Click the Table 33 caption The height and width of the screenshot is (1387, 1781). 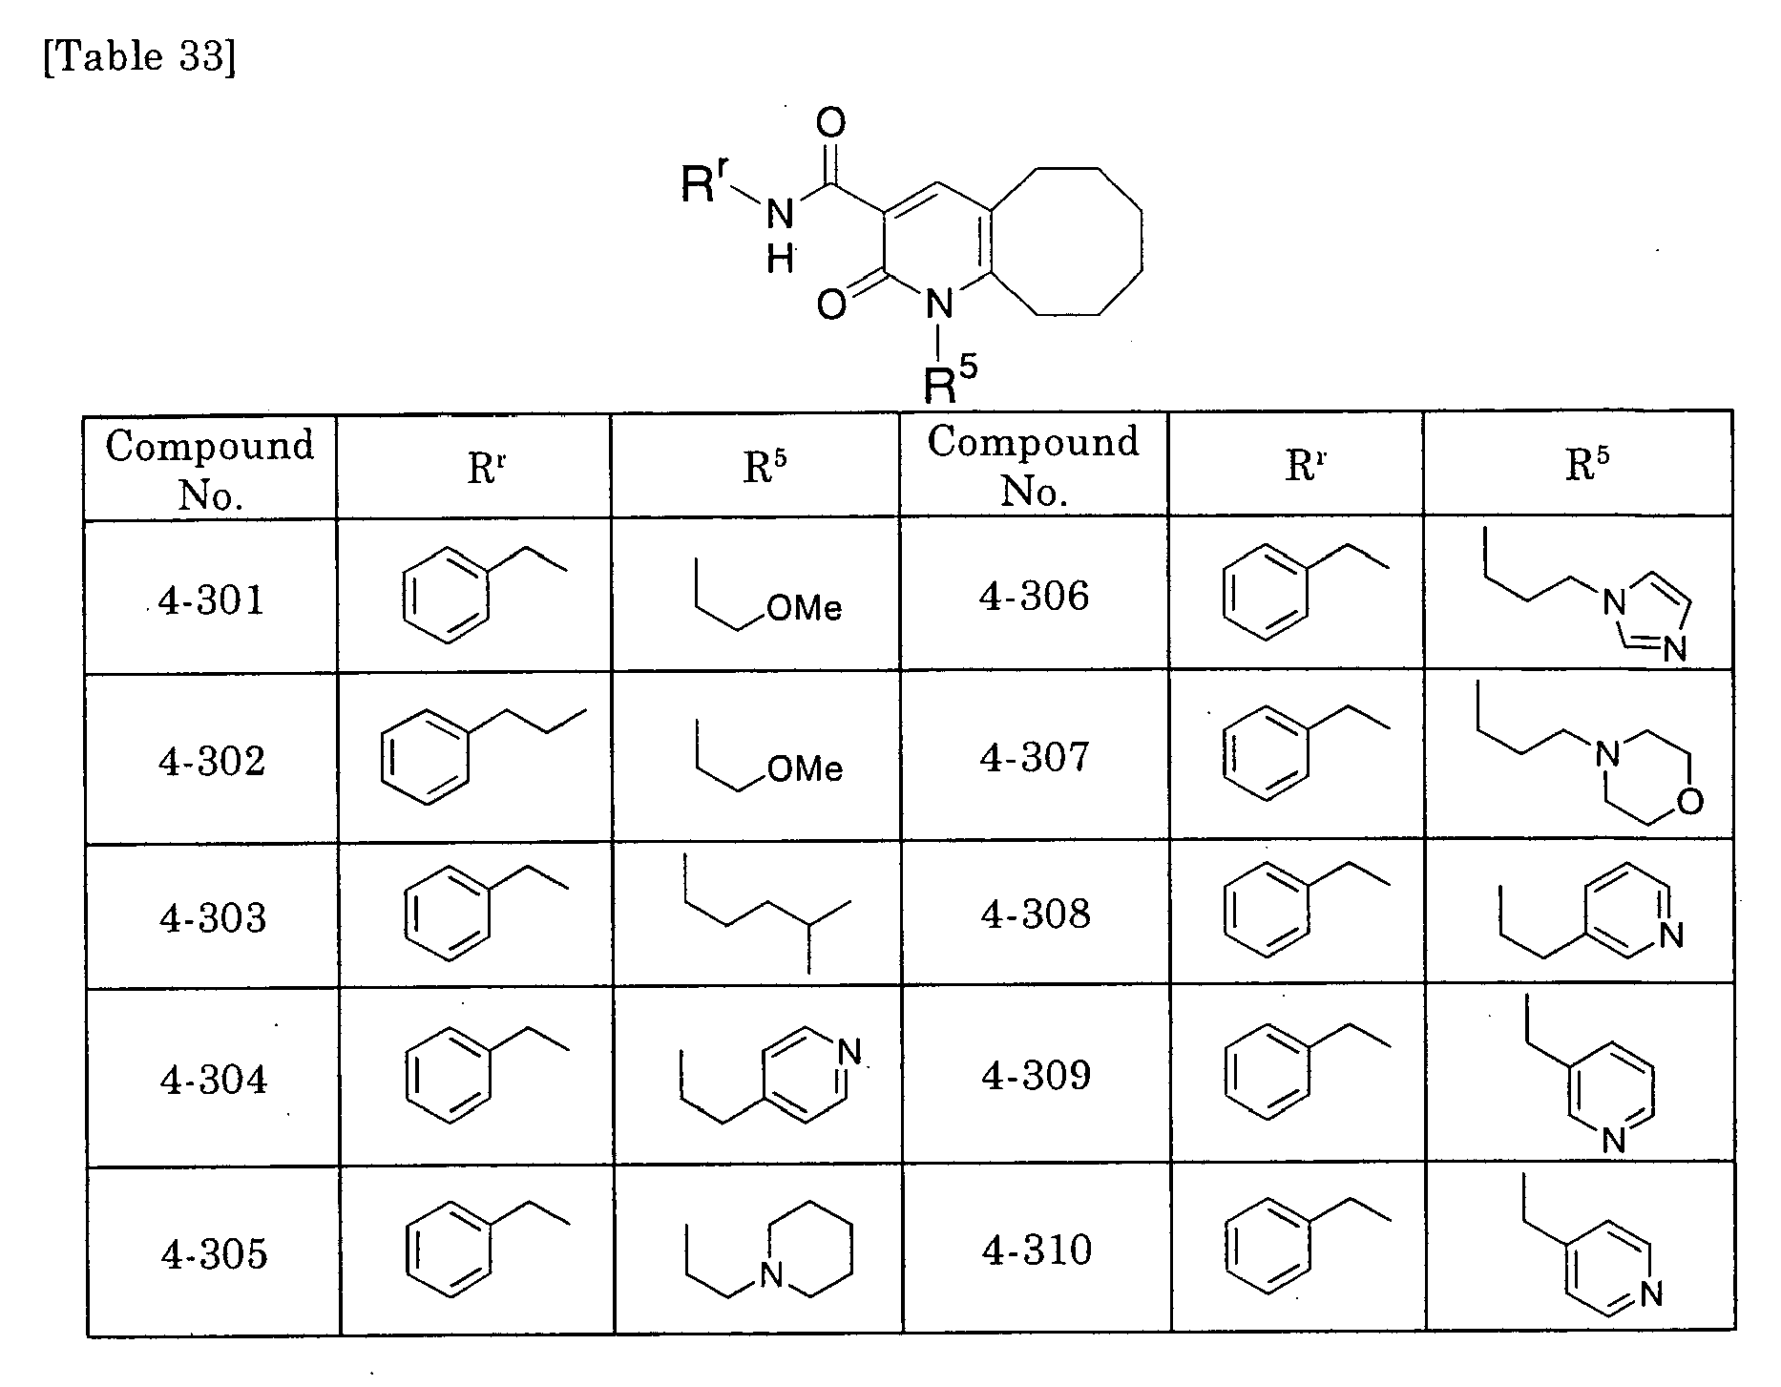coord(139,57)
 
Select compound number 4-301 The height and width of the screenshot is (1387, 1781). coord(212,600)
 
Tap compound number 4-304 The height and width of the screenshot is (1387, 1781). coord(214,1080)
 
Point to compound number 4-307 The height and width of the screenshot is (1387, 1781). coord(1035,758)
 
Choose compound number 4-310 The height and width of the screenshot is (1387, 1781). coord(1037,1250)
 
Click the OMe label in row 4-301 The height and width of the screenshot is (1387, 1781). coord(805,608)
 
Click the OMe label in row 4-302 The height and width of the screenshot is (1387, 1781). coord(805,768)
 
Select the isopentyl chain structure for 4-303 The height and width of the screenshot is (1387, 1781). coord(767,913)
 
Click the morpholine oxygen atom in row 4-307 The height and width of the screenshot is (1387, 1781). coord(1688,800)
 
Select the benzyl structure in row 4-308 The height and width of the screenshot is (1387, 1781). coord(1306,908)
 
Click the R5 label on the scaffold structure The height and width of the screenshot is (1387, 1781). coord(951,381)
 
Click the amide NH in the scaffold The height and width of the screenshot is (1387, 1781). coord(780,234)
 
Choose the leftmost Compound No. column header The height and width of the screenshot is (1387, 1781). coord(210,469)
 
